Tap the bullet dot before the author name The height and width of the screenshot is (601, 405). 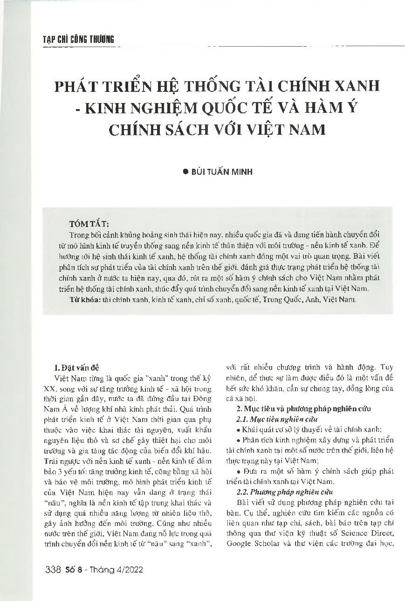185,172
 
